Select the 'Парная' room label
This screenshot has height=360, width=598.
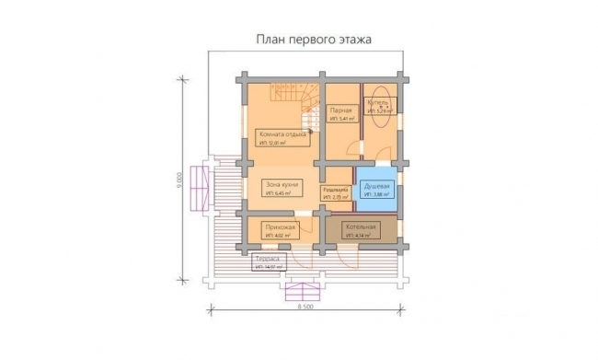coord(341,110)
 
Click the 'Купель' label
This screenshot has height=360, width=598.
coord(378,101)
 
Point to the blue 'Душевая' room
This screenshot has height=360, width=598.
coord(377,188)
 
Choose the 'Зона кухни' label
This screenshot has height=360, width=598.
coord(278,183)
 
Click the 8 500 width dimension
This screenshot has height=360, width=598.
coord(305,306)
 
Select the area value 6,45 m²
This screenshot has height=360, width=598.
coord(279,193)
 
